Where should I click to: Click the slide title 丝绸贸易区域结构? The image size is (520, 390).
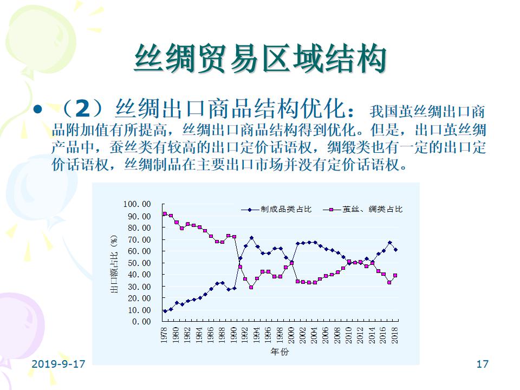tap(260, 58)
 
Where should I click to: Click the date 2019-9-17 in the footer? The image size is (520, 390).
tap(58, 364)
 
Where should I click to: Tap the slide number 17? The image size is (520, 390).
tap(482, 364)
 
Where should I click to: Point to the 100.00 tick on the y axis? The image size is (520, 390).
tap(138, 204)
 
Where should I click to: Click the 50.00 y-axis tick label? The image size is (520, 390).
tap(140, 263)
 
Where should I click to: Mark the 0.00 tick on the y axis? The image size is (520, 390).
tap(142, 322)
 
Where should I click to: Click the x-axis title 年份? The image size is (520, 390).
tap(280, 352)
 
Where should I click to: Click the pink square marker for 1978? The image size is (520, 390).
tap(165, 214)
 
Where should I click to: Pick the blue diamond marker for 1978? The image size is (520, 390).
tap(165, 311)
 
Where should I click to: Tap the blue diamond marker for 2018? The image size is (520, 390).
tap(396, 250)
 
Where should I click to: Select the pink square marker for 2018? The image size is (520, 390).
tap(396, 275)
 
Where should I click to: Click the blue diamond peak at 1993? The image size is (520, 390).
tap(251, 238)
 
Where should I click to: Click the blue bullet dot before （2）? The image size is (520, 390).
tap(37, 110)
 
